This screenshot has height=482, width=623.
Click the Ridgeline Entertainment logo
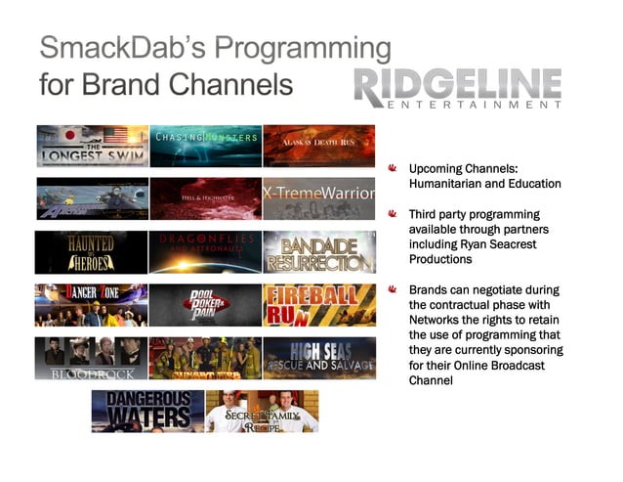point(457,87)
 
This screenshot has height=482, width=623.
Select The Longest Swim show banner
point(93,146)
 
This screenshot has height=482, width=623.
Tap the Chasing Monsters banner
point(206,146)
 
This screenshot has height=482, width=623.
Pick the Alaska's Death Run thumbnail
point(319,146)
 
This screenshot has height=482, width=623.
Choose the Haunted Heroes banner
point(93,251)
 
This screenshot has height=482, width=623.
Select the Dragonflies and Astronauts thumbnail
point(206,251)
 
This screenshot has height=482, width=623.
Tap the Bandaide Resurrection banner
point(319,251)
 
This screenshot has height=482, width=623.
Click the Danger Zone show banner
point(93,304)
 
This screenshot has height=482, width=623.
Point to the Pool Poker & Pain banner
point(206,304)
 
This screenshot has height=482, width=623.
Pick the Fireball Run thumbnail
point(319,304)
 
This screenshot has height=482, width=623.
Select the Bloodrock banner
point(93,358)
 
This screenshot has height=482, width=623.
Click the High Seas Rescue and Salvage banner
point(319,358)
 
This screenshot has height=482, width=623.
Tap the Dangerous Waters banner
point(148,411)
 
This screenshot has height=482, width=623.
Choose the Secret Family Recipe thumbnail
point(262,411)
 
